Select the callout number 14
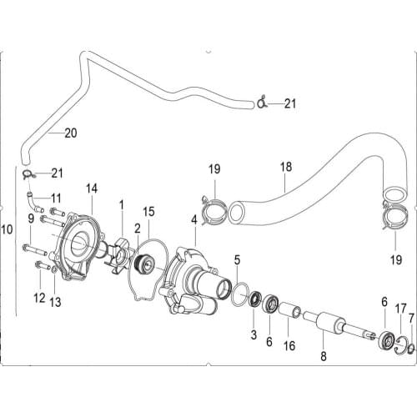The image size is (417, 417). click(91, 188)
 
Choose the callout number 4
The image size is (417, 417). click(193, 220)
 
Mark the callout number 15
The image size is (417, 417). click(149, 212)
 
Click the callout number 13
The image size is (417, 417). click(55, 299)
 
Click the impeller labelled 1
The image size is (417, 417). click(123, 254)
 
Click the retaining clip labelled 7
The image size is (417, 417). click(409, 346)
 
